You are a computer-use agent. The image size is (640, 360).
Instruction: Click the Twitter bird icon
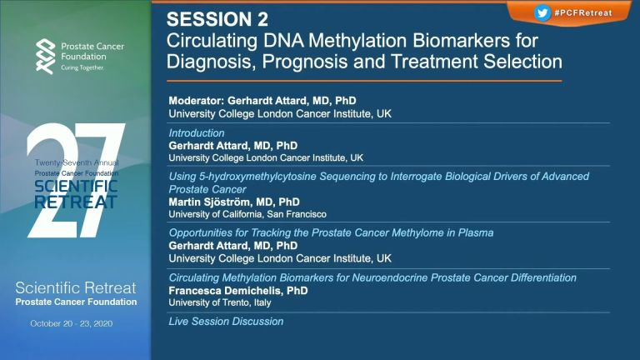pos(542,12)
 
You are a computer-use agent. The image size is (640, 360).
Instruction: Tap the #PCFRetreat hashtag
pos(583,12)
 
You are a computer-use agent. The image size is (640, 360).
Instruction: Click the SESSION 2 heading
pos(217,20)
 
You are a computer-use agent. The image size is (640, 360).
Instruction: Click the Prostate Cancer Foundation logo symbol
pos(45,57)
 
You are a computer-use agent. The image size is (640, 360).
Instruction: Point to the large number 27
pos(76,180)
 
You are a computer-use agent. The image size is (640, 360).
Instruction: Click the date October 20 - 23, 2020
pos(72,323)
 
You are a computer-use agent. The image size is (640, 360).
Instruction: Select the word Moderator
pos(196,101)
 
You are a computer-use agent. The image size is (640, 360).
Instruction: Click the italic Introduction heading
pos(197,133)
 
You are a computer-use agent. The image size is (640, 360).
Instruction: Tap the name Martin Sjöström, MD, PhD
pos(234,202)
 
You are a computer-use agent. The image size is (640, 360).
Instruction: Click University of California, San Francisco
pos(247,214)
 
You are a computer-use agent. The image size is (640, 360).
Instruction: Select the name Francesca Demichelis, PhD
pos(238,291)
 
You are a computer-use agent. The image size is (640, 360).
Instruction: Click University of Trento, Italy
pos(220,302)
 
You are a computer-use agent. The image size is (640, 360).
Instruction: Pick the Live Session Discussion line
pos(226,322)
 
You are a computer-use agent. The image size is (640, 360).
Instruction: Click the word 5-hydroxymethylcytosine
pos(257,177)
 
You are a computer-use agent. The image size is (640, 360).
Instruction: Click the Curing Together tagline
pos(82,67)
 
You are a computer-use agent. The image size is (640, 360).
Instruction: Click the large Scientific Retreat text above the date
pos(76,288)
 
